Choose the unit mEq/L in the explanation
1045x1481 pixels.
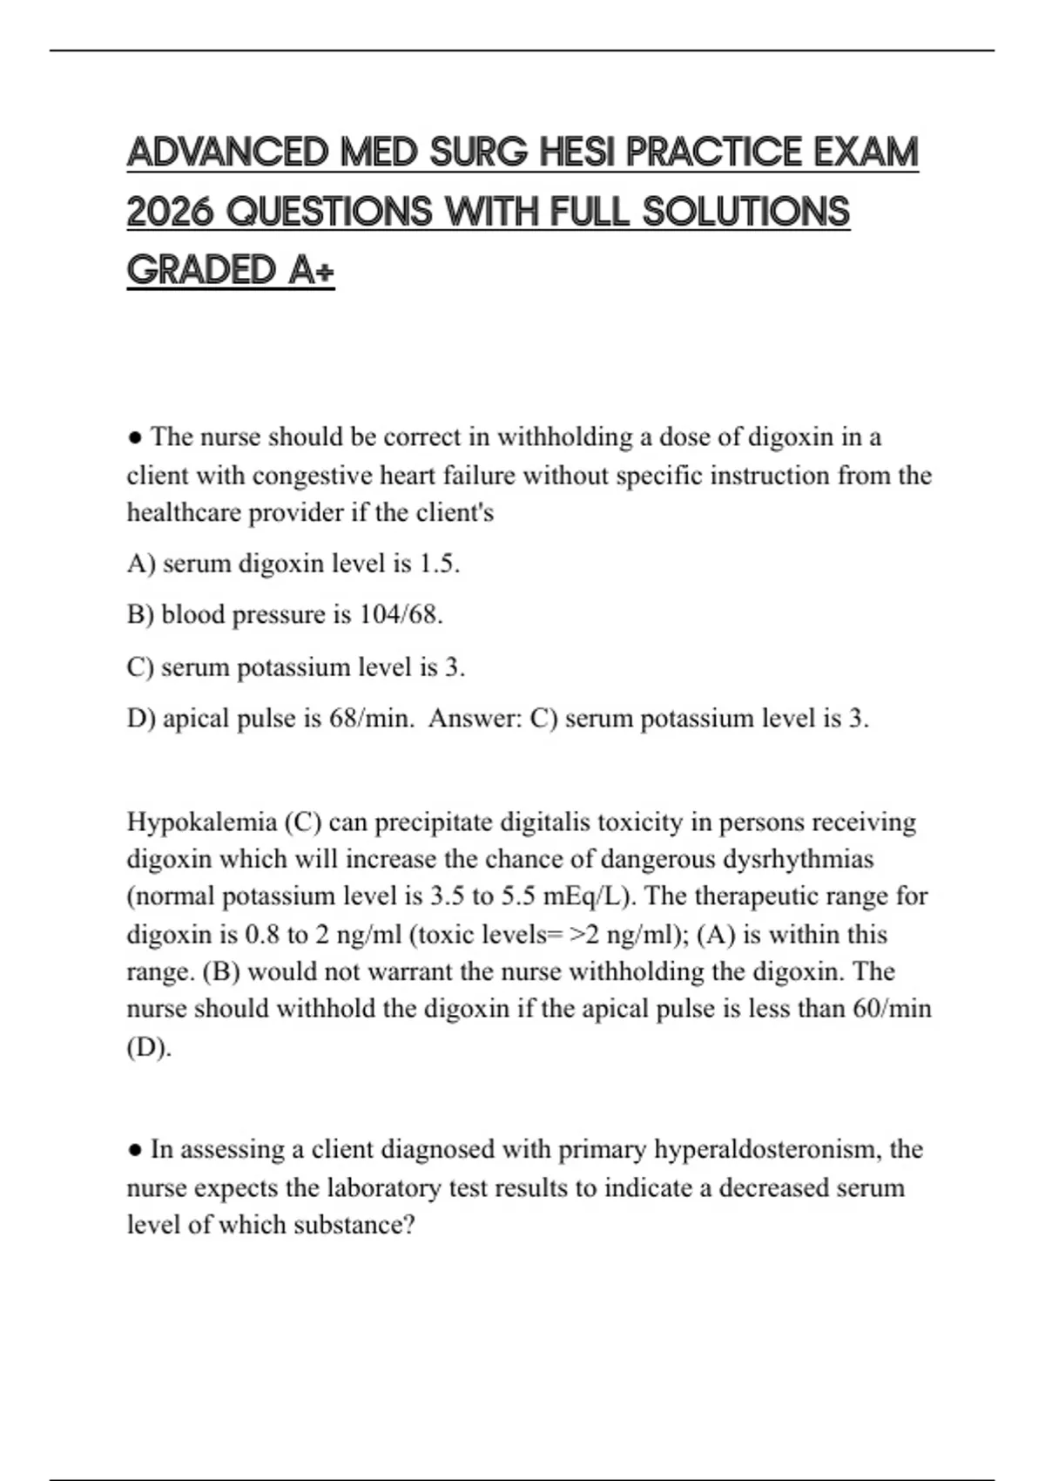pyautogui.click(x=591, y=896)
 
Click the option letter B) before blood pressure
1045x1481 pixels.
pyautogui.click(x=140, y=615)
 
